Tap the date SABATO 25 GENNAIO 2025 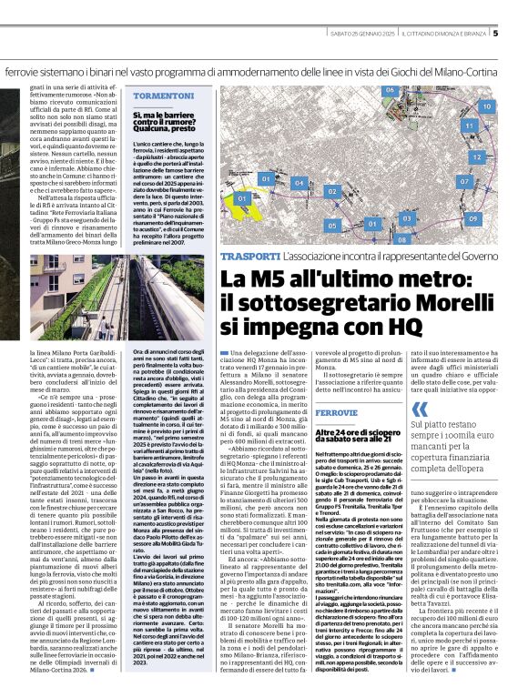click(x=350, y=35)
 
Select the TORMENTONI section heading click(x=157, y=96)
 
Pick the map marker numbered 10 click(x=486, y=106)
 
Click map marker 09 click(x=472, y=219)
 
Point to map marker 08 click(x=401, y=238)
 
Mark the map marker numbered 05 click(x=331, y=224)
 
